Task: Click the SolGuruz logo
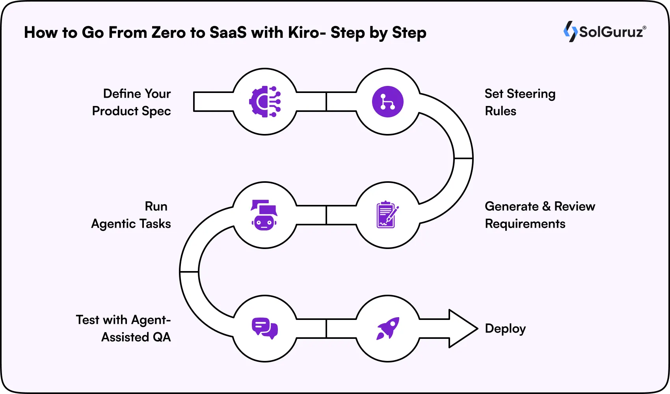pyautogui.click(x=605, y=32)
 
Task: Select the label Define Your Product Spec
pyautogui.click(x=132, y=102)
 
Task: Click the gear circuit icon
pyautogui.click(x=265, y=102)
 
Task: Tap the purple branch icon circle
pyautogui.click(x=388, y=102)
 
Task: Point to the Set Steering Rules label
pyautogui.click(x=519, y=102)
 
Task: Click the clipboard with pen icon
pyautogui.click(x=387, y=215)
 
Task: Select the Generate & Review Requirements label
pyautogui.click(x=540, y=215)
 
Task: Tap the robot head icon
pyautogui.click(x=264, y=215)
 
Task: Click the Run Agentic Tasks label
pyautogui.click(x=131, y=215)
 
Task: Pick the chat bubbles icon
pyautogui.click(x=265, y=328)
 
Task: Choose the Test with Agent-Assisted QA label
pyautogui.click(x=124, y=328)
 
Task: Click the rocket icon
pyautogui.click(x=388, y=328)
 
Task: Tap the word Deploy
pyautogui.click(x=505, y=329)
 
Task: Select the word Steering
pyautogui.click(x=531, y=94)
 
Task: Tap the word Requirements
pyautogui.click(x=525, y=224)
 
